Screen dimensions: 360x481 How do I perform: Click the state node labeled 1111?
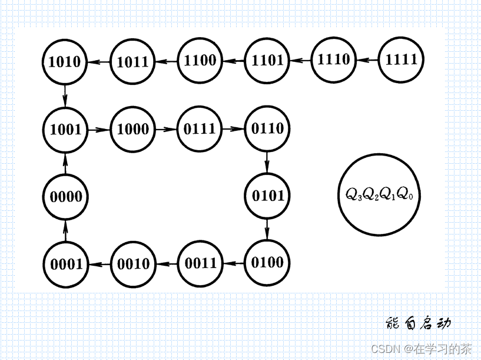(401, 60)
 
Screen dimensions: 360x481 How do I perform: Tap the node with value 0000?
(65, 197)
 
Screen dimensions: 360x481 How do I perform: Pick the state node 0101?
(267, 196)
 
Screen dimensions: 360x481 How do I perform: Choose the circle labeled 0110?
(267, 128)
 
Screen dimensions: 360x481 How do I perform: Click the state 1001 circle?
(65, 129)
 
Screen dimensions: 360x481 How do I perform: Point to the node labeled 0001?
(65, 264)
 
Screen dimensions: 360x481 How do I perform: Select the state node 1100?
(200, 60)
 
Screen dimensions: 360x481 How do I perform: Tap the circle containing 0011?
(200, 263)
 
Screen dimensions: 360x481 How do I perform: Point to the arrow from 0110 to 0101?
(267, 161)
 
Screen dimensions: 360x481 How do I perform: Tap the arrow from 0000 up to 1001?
(65, 163)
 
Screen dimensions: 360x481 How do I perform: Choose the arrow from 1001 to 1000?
(99, 129)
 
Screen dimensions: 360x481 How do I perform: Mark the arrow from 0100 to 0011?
(234, 263)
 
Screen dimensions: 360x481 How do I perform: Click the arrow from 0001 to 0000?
(65, 230)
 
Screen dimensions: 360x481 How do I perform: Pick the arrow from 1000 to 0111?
(167, 129)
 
